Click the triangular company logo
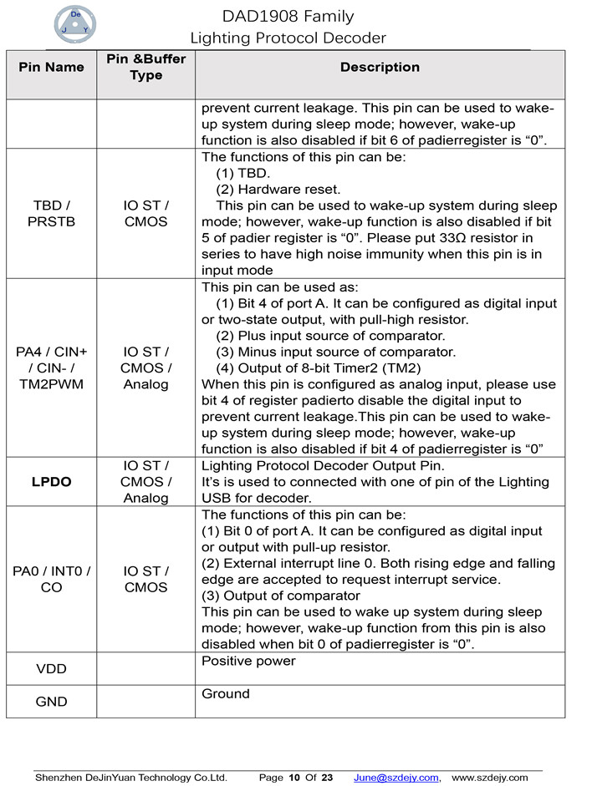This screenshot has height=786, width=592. (x=76, y=26)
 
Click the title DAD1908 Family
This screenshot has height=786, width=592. (x=288, y=17)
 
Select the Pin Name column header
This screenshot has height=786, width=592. (x=51, y=67)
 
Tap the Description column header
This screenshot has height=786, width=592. (x=380, y=67)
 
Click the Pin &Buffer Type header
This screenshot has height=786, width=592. (x=146, y=67)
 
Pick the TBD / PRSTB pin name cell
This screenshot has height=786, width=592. (x=51, y=214)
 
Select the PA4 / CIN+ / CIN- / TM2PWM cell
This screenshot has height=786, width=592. (x=51, y=368)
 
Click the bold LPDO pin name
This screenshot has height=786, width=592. (x=51, y=482)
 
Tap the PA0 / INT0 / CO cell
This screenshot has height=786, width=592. (x=51, y=579)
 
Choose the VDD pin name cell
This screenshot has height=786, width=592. (x=51, y=669)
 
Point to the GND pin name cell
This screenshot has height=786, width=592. (x=51, y=702)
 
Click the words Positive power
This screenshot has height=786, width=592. (x=249, y=662)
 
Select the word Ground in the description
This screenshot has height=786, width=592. (x=226, y=694)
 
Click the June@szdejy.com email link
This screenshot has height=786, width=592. (x=396, y=778)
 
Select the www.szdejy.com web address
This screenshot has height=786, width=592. (x=490, y=778)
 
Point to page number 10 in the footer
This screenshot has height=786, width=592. (x=294, y=778)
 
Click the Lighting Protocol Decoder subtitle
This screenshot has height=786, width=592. (x=288, y=38)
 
